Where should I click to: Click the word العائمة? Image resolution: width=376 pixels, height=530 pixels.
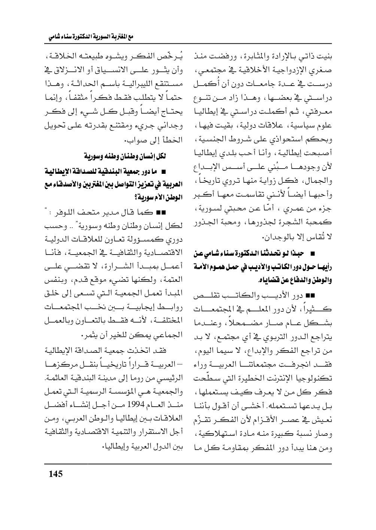tap(49, 377)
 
